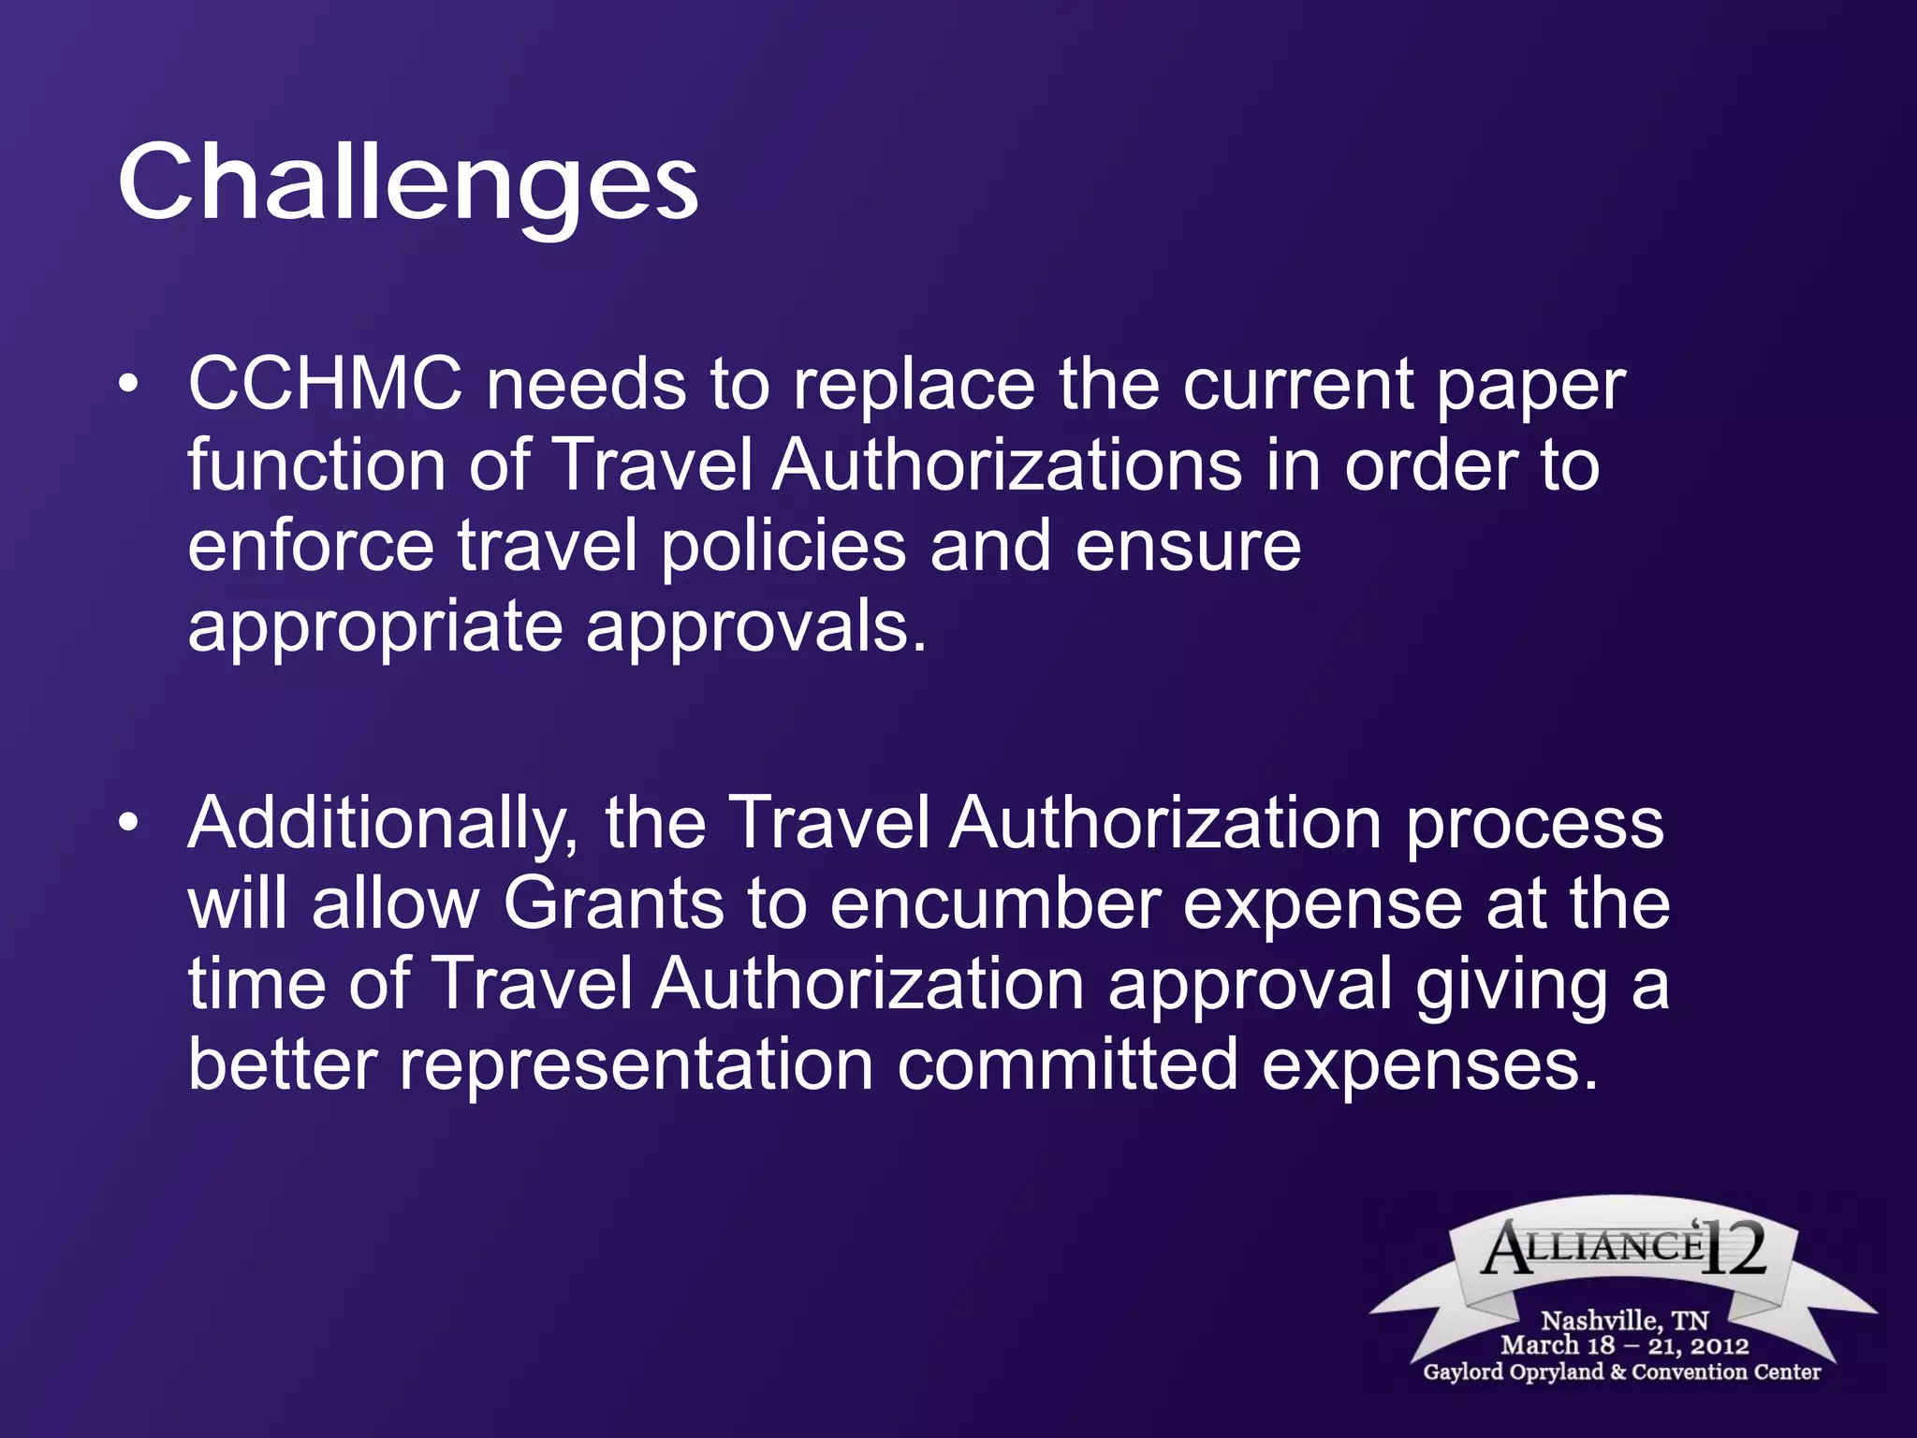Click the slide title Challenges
[407, 183]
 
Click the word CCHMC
[325, 385]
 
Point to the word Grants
[613, 904]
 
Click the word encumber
[994, 904]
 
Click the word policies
[783, 547]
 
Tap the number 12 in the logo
[1734, 1248]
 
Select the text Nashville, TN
[1624, 1321]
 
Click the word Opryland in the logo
[1554, 1372]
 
